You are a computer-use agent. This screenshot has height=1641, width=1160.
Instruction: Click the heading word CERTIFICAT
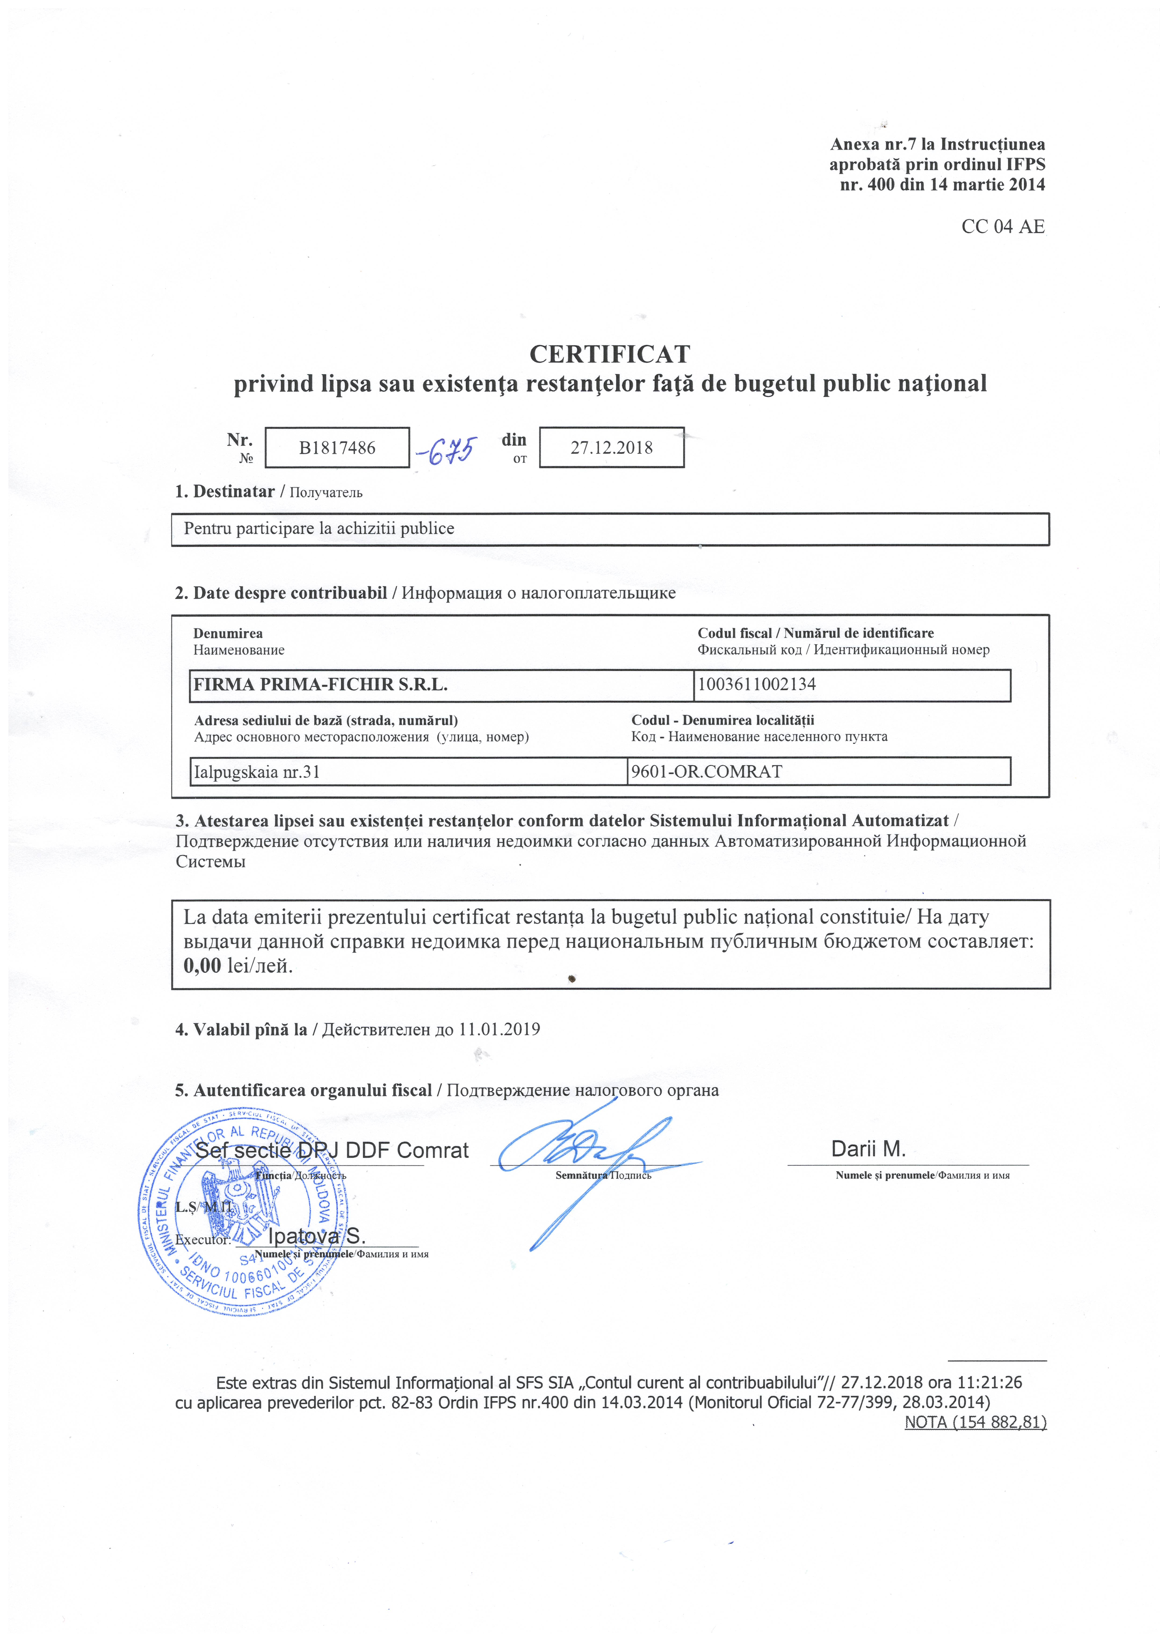pyautogui.click(x=610, y=354)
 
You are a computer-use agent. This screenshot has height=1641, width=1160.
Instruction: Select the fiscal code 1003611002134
pyautogui.click(x=757, y=684)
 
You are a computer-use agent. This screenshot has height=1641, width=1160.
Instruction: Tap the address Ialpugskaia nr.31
pyautogui.click(x=257, y=772)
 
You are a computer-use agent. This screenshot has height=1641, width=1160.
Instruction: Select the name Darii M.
pyautogui.click(x=868, y=1149)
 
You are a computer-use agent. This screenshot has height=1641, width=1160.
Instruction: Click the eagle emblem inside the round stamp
pyautogui.click(x=239, y=1206)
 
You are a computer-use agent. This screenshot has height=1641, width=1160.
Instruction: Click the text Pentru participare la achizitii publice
pyautogui.click(x=319, y=529)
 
